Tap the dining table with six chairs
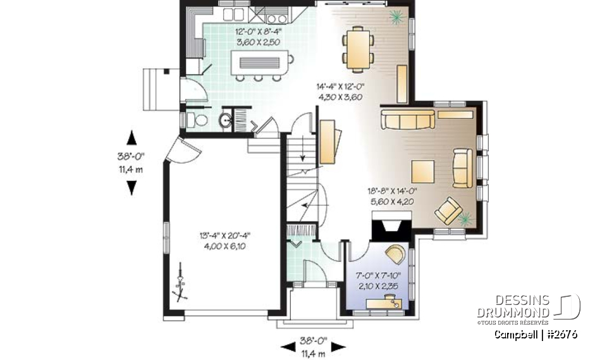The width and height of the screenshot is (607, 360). [359, 48]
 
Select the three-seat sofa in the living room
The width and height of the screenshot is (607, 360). [407, 119]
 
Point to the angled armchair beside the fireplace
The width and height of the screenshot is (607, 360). [449, 210]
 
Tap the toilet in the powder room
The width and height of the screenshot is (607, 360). [200, 120]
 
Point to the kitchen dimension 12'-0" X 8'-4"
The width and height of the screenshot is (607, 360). [258, 31]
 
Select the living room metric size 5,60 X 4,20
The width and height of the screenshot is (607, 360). [393, 202]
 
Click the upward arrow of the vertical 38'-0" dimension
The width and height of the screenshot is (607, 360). [132, 137]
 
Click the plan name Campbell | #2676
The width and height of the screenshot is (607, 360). [536, 334]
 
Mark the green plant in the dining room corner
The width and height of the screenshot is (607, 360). [397, 17]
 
